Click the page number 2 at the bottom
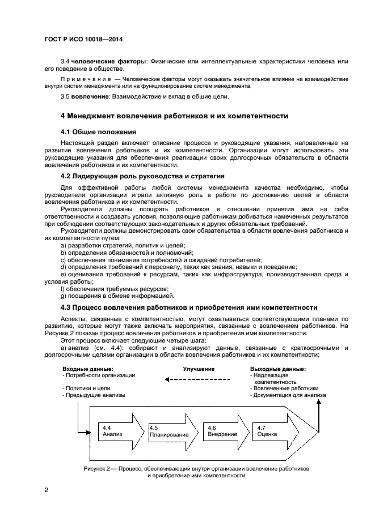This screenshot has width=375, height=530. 47,490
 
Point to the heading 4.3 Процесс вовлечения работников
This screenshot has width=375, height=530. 188,307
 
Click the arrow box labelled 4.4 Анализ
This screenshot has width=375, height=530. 116,431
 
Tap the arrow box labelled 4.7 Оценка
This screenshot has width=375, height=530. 272,431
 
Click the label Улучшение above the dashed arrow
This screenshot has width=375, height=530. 199,369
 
